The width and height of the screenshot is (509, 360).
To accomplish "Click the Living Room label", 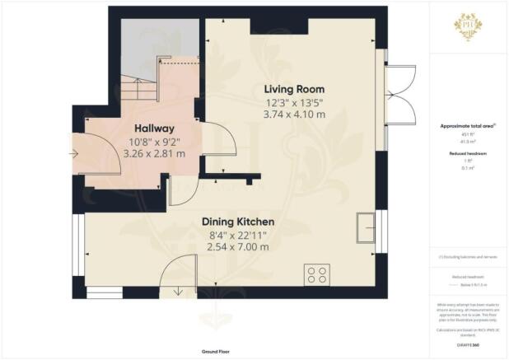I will pos(293,89).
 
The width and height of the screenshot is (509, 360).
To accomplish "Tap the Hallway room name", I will pos(155,129).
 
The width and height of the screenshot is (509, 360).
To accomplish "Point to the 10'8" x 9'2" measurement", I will pos(155,141).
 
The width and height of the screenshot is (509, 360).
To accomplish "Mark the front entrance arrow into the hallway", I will pos(77,153).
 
